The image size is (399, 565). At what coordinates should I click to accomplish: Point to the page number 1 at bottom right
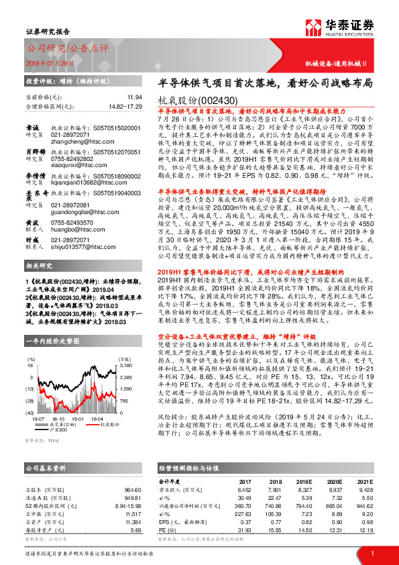click(372, 552)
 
